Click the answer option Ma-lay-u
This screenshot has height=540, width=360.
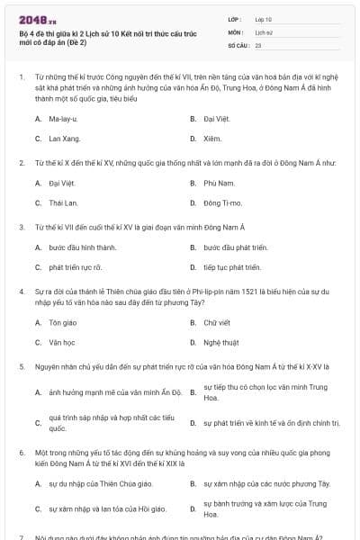(63, 119)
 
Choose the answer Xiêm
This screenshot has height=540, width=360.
(212, 139)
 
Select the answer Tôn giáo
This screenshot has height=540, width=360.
(62, 321)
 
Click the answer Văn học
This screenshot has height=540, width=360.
(62, 342)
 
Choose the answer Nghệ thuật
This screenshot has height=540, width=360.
(220, 342)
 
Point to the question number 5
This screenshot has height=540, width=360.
(21, 367)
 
